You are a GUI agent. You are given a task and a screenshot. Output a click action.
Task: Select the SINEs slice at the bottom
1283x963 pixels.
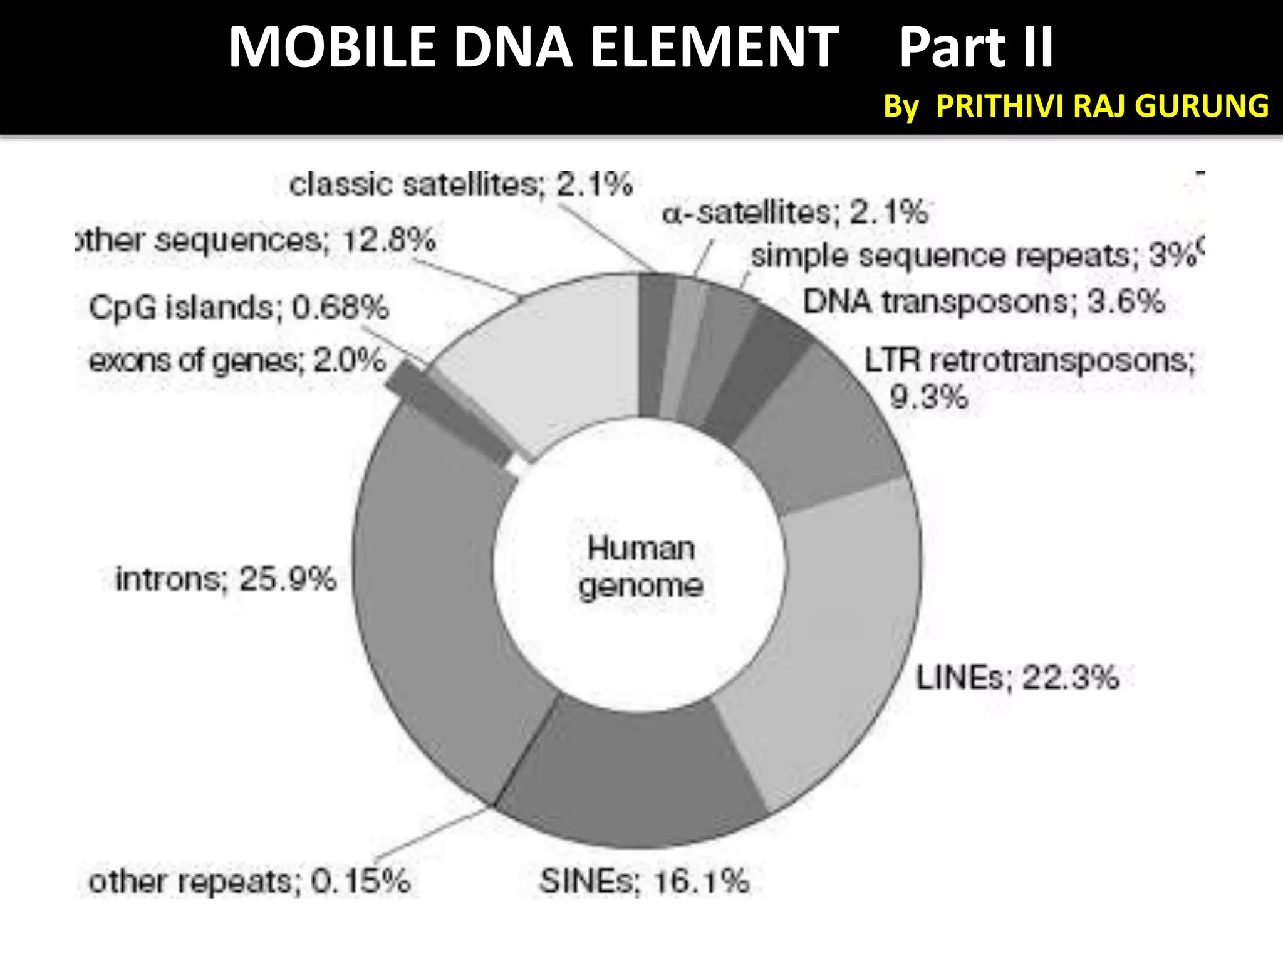633,777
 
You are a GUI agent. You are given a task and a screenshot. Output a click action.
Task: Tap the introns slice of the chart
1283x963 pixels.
432,596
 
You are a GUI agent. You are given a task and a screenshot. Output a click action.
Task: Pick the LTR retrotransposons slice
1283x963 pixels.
814,426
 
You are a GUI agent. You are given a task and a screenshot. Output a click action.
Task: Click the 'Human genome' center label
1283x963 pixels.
641,567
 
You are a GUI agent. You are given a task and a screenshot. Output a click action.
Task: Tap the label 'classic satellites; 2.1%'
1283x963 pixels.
460,184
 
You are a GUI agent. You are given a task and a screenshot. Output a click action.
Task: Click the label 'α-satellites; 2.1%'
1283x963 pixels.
794,213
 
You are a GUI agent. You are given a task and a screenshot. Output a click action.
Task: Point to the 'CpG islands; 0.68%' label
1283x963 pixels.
238,307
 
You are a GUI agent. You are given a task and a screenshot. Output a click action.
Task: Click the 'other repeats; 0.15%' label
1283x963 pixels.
249,881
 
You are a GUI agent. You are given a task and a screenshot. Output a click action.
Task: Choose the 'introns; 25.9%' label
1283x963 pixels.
226,578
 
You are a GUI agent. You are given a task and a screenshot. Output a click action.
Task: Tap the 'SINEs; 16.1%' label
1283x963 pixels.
644,881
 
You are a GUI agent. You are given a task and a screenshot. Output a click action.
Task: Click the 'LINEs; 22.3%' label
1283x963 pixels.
1017,678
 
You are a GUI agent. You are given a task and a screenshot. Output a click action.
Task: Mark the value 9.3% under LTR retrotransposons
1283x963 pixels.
928,397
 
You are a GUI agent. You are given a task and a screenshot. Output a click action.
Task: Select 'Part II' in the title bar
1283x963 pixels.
976,48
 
